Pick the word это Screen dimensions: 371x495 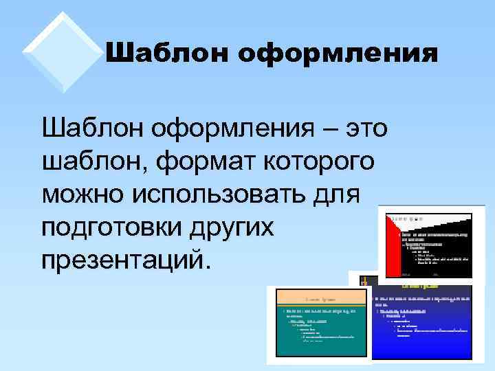click(x=366, y=128)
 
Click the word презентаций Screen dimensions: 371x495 click(x=123, y=260)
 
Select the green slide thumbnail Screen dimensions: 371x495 click(x=320, y=323)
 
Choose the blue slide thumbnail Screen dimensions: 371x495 click(x=421, y=319)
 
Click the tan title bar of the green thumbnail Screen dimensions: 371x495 click(x=320, y=297)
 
